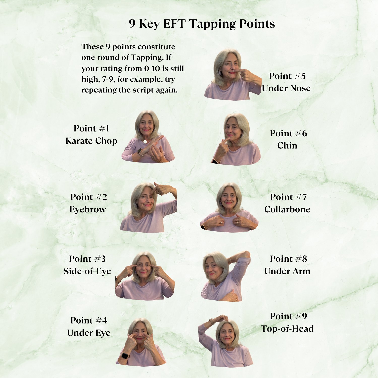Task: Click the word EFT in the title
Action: [x=174, y=24]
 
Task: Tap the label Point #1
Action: [x=91, y=128]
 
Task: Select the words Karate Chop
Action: [x=91, y=141]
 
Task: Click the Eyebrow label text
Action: [x=88, y=209]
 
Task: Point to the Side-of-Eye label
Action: [x=87, y=271]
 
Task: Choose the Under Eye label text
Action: [x=89, y=333]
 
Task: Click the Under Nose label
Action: [x=286, y=88]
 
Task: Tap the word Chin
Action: [x=287, y=146]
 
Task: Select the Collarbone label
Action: [x=287, y=209]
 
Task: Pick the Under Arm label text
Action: [x=287, y=271]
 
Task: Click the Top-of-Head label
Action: [x=287, y=329]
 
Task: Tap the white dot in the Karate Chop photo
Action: [x=145, y=142]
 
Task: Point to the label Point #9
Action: [x=289, y=316]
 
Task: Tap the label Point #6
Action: [x=289, y=133]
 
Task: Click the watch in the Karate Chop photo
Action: [x=140, y=152]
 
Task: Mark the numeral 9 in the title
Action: [x=132, y=24]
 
